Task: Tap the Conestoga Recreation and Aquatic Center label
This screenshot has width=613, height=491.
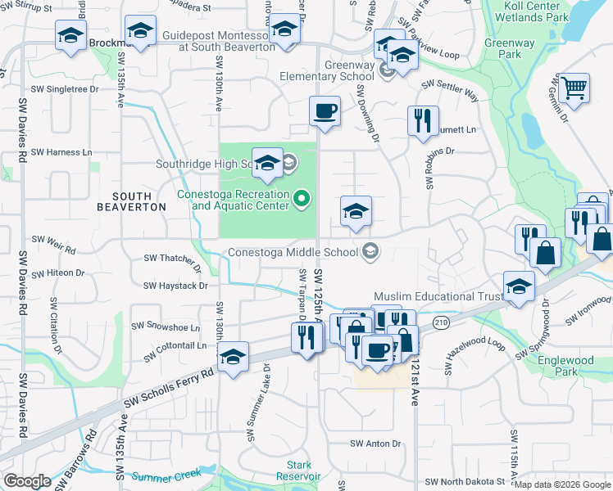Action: tap(234, 200)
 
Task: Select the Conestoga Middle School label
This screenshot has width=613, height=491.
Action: tap(294, 252)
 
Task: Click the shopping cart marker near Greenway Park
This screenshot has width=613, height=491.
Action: tap(574, 87)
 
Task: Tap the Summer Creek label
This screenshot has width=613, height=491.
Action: tap(166, 476)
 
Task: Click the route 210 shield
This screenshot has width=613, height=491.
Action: tap(442, 322)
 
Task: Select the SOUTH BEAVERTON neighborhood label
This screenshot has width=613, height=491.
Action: tap(131, 201)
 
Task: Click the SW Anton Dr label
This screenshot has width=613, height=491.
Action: tap(375, 444)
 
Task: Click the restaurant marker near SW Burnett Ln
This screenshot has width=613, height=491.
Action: tap(423, 120)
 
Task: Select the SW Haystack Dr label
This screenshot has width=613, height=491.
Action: tap(175, 286)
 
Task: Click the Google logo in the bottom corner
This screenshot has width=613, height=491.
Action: tap(27, 481)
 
